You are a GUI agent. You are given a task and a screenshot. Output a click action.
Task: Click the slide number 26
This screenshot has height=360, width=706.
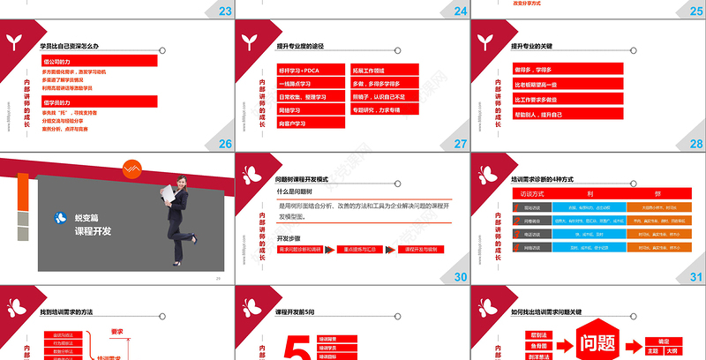(225, 143)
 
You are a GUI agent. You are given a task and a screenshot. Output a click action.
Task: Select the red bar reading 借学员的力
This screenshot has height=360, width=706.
(100, 102)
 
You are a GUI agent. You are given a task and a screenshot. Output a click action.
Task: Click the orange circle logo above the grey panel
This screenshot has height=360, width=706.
(129, 167)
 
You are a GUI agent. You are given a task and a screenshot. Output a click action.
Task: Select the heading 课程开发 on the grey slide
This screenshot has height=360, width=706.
(94, 231)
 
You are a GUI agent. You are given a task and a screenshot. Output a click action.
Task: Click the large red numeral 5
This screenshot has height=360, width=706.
(300, 349)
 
